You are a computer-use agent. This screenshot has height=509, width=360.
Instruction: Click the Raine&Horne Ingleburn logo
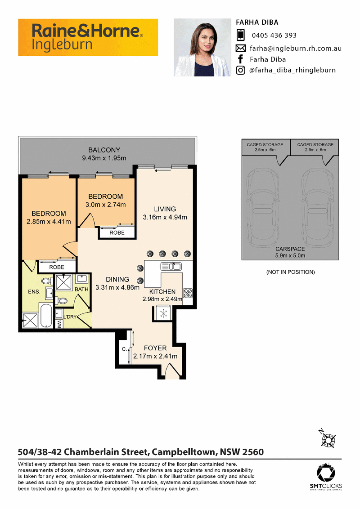[88, 37]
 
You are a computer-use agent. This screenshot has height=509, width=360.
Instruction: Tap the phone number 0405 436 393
[274, 36]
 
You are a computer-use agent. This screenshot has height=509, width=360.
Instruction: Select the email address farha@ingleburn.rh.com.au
[295, 49]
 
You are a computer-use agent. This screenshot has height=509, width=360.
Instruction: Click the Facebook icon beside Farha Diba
[240, 59]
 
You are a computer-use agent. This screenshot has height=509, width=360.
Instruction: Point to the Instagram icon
[240, 70]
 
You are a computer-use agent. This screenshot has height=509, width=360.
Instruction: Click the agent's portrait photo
[202, 47]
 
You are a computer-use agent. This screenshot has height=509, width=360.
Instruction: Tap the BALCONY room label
[104, 150]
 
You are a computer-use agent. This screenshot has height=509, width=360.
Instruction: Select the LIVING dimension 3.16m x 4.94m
[165, 217]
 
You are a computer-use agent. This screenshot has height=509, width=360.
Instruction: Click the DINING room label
[117, 279]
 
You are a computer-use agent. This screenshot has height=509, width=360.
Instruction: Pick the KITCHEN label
[162, 291]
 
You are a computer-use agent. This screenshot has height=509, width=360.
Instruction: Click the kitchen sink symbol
[171, 266]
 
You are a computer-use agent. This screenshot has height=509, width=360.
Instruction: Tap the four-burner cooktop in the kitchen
[188, 293]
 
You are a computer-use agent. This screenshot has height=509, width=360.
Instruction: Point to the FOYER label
[155, 348]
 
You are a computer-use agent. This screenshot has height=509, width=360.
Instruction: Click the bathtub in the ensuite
[46, 316]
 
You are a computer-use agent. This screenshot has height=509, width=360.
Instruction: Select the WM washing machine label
[59, 324]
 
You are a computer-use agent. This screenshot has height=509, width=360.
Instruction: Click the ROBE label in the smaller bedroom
[117, 232]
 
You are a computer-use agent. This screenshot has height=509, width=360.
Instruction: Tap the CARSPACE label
[290, 249]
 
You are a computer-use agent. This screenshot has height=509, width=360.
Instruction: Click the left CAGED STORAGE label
[265, 144]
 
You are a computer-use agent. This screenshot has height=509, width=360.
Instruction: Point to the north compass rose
[328, 438]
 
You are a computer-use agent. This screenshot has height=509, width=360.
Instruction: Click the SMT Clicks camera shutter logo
[326, 473]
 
